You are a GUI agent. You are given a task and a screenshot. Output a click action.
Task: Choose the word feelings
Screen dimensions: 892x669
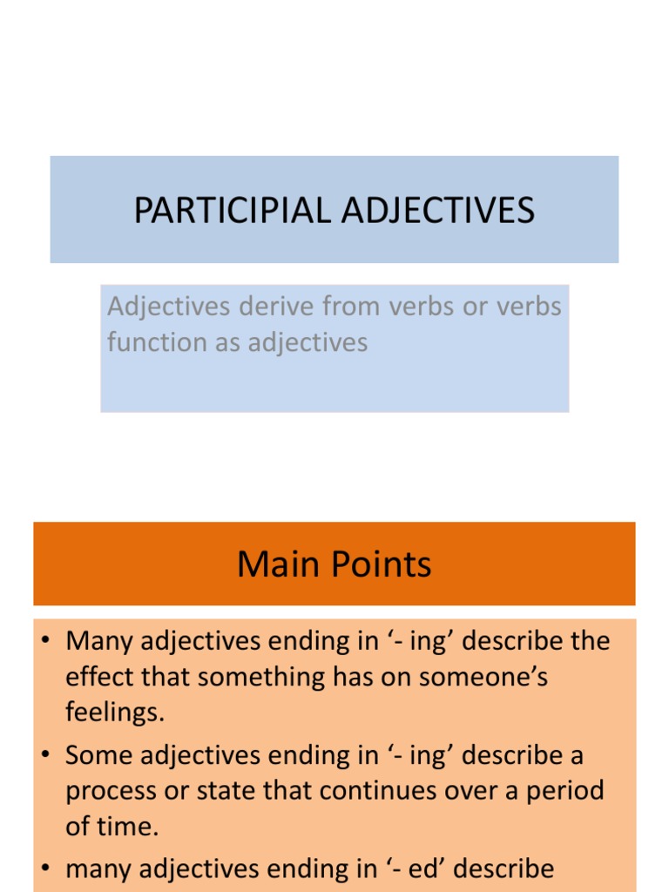pos(114,713)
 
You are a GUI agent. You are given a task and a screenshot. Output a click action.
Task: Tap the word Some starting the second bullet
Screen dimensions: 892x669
pos(97,755)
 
